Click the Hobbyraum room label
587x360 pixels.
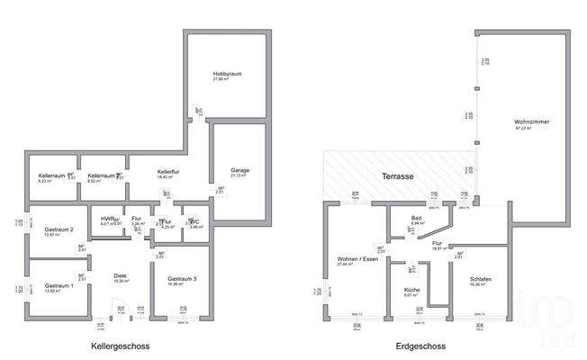point(228,73)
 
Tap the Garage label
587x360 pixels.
point(239,170)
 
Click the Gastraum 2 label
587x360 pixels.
point(58,229)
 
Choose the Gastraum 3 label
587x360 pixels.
point(181,279)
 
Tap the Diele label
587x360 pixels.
point(120,275)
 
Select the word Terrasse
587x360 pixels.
point(396,177)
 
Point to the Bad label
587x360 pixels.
point(416,218)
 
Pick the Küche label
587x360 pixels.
point(411,289)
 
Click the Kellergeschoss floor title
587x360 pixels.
point(120,346)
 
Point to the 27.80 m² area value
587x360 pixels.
point(227,79)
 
